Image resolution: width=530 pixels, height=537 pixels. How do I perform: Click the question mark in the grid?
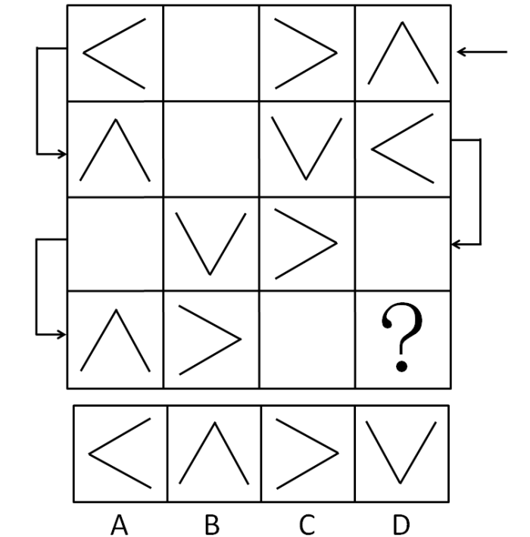click(x=402, y=336)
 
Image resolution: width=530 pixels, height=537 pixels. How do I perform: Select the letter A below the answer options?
click(x=119, y=524)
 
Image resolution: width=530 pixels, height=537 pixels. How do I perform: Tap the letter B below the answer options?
click(x=212, y=524)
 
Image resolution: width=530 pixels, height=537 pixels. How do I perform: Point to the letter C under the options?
click(x=307, y=524)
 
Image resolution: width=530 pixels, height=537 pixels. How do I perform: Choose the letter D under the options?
click(x=401, y=524)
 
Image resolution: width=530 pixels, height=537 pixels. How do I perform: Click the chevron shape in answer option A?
click(x=89, y=454)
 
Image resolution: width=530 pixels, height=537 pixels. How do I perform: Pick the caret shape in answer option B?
click(x=215, y=423)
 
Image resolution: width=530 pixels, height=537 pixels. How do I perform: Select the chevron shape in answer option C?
click(x=338, y=454)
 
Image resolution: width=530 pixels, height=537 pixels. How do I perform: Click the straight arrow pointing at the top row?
click(x=482, y=52)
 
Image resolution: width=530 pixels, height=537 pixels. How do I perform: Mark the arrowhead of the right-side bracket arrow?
click(x=455, y=245)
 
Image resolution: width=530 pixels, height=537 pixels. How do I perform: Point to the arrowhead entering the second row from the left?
click(x=62, y=154)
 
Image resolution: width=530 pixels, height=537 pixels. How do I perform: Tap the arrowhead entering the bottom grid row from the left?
click(x=62, y=335)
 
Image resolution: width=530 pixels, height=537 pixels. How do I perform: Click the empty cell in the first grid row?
click(x=211, y=53)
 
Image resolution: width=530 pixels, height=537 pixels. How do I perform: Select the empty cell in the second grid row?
click(x=211, y=149)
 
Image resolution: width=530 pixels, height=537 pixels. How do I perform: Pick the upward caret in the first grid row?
click(x=403, y=23)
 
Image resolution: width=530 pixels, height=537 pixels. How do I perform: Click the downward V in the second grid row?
click(x=306, y=178)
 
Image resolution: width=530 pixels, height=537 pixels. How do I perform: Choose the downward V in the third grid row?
click(x=210, y=273)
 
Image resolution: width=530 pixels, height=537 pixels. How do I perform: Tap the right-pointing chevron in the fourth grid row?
click(x=240, y=339)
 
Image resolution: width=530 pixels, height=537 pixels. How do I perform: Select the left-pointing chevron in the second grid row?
click(x=373, y=149)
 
